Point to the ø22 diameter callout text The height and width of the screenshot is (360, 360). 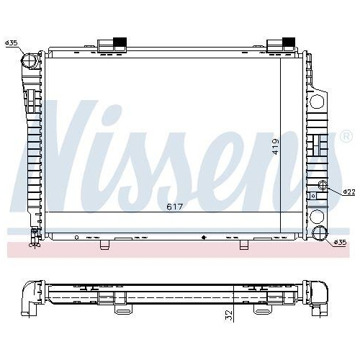pyautogui.click(x=348, y=192)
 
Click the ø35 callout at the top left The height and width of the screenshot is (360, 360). pyautogui.click(x=12, y=43)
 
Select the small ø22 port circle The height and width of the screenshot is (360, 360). pyautogui.click(x=322, y=189)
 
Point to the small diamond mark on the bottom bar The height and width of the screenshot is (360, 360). pyautogui.click(x=204, y=237)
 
